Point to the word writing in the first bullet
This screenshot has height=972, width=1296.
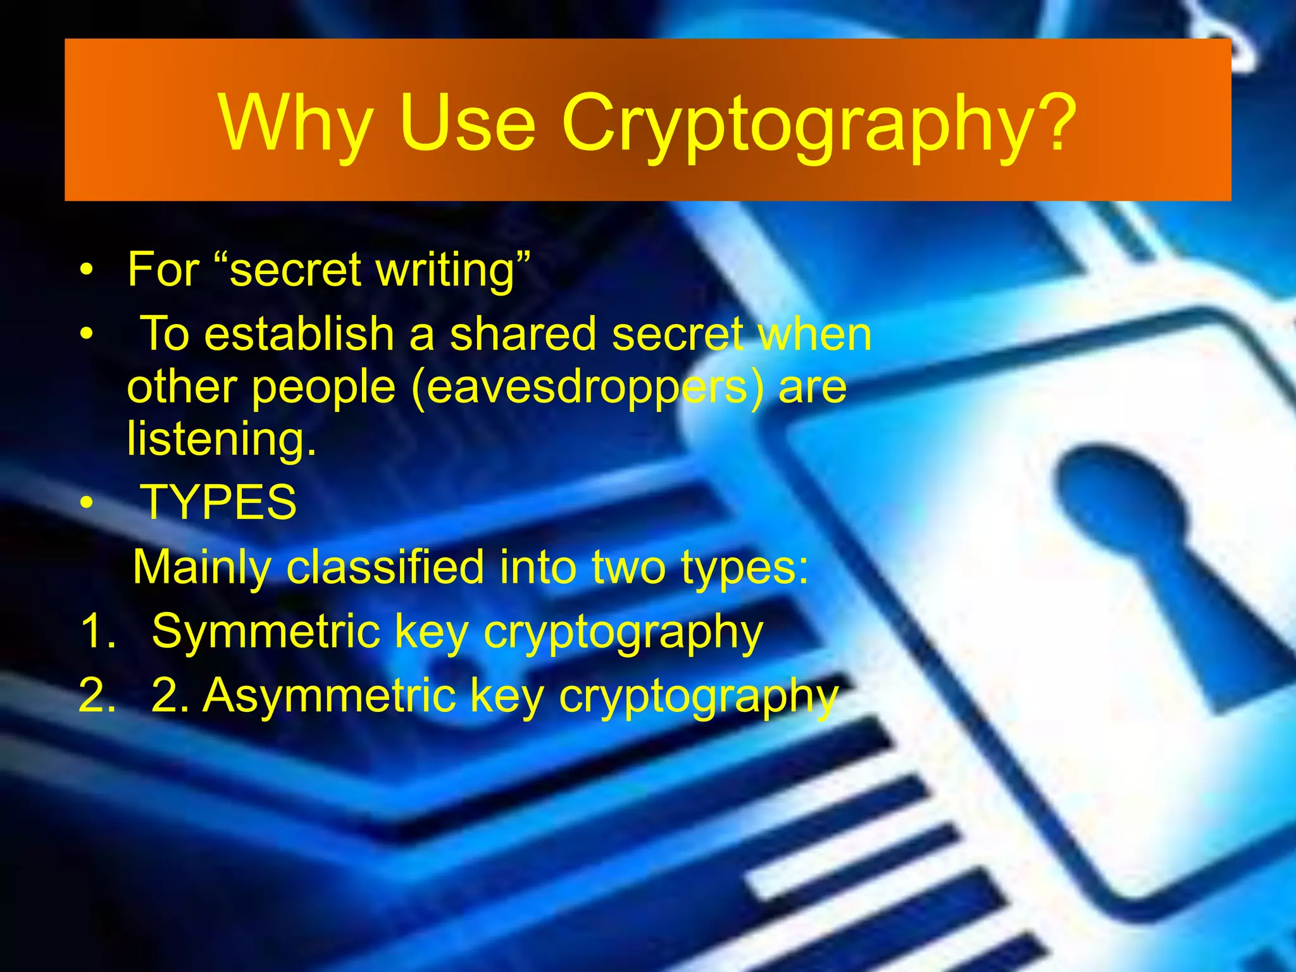point(451,271)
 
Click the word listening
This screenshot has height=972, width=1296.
point(221,440)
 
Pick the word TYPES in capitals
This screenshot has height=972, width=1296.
point(218,502)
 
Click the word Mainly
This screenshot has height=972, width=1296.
point(202,568)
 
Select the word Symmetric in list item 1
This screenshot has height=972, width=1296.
point(266,631)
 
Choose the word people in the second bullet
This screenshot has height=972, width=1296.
point(323,387)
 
